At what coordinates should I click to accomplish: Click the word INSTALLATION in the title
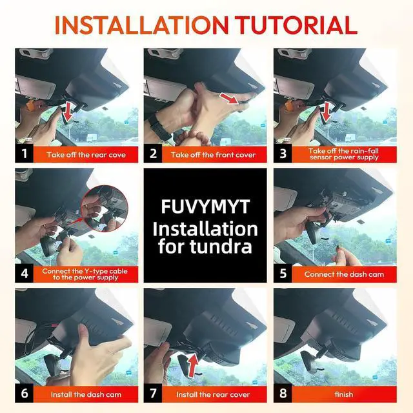coord(142,25)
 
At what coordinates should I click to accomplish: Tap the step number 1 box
coord(25,154)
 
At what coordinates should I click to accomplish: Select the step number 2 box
coord(153,154)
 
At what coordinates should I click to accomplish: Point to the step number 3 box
coord(283,154)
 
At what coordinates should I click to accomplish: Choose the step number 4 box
coord(25,274)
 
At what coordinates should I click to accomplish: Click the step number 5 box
coord(283,274)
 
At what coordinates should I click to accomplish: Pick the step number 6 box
coord(25,393)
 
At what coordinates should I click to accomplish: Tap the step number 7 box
coord(153,393)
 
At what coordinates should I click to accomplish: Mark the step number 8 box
coord(283,393)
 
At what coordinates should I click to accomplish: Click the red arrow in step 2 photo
coord(229,99)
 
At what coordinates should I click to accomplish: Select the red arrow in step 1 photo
coord(68,112)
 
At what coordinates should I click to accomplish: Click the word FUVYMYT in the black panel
coord(205,206)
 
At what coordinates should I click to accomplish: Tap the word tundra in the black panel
coord(221,247)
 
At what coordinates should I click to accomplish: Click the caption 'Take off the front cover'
coord(213,155)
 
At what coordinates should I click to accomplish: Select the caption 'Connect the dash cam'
coord(344,274)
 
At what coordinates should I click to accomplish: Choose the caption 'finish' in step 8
coord(344,394)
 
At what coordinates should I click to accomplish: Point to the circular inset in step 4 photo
coord(105,208)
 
